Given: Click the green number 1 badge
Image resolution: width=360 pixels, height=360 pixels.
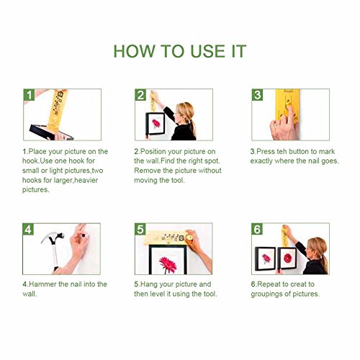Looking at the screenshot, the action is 29,95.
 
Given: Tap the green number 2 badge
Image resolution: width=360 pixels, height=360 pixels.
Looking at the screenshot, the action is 140,95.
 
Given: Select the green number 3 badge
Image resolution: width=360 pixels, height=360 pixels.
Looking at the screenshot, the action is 257,95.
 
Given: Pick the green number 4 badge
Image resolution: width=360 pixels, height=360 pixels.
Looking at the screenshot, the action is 28,229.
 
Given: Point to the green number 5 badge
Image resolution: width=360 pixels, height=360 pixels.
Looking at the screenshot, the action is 140,229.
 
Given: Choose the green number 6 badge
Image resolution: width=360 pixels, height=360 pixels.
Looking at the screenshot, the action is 257,229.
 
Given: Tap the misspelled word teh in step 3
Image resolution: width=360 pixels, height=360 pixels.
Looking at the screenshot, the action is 282,151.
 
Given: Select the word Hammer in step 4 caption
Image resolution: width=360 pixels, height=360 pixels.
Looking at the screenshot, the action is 42,284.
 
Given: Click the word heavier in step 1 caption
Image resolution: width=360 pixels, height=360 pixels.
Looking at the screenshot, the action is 86,180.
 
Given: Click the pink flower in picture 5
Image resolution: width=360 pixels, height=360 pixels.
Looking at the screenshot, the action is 168,264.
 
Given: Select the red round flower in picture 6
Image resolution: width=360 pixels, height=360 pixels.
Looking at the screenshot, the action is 287,258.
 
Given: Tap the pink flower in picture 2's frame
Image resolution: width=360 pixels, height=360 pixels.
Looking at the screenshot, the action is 156,123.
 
